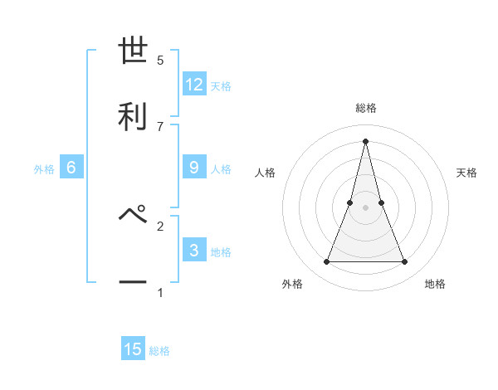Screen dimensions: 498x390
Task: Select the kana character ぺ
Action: click(x=133, y=214)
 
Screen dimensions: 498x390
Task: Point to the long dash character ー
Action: click(x=133, y=282)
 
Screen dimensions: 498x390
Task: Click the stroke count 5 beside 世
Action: click(x=160, y=60)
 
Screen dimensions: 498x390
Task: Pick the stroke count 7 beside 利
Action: click(x=160, y=126)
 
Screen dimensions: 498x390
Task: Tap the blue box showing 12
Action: click(x=194, y=85)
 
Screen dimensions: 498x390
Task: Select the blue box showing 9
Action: click(x=194, y=168)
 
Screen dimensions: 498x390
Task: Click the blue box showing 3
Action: click(x=194, y=251)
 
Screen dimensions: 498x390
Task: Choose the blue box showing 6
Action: click(x=71, y=168)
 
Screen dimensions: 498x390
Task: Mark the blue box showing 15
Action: click(x=133, y=349)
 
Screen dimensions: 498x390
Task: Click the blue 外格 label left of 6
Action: click(x=44, y=169)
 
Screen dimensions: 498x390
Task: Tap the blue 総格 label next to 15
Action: click(x=159, y=351)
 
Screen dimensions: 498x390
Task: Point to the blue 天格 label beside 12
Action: click(x=221, y=86)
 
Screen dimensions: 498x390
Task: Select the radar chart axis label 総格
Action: click(x=366, y=109)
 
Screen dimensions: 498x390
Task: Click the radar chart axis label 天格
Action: click(x=467, y=173)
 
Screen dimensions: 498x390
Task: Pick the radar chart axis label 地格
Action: click(x=435, y=284)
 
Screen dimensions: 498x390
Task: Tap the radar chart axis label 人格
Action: click(x=266, y=173)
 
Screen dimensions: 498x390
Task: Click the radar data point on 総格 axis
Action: click(x=366, y=139)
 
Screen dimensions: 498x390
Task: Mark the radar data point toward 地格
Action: click(x=405, y=262)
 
